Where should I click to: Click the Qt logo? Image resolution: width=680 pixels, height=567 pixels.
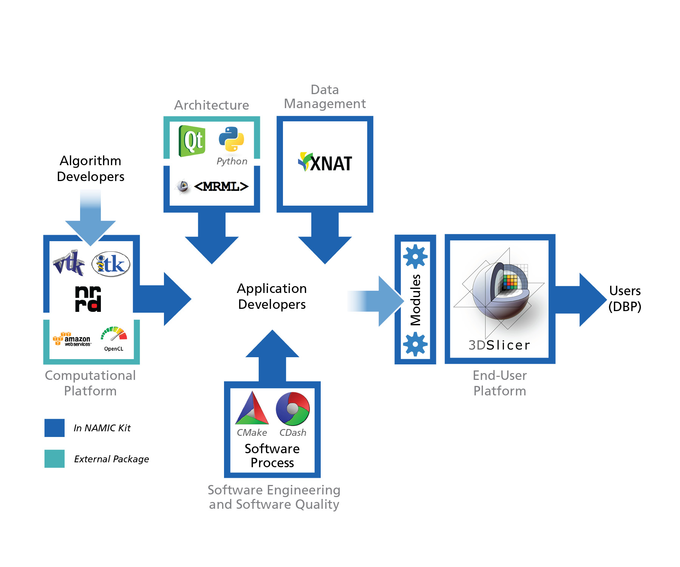(x=192, y=141)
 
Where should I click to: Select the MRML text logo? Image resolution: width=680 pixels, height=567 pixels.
(x=221, y=186)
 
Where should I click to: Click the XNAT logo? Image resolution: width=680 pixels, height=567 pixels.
(x=325, y=163)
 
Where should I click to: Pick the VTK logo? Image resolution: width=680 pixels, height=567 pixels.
(x=69, y=262)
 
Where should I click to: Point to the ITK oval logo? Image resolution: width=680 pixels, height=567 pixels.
(x=111, y=264)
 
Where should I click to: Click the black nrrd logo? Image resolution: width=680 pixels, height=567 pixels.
(x=88, y=299)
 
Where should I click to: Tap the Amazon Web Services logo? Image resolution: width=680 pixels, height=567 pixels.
(x=72, y=339)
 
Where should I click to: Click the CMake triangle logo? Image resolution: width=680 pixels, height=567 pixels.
(x=252, y=409)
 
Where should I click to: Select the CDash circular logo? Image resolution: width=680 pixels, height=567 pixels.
(x=293, y=409)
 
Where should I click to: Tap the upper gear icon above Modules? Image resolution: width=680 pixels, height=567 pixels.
(x=415, y=257)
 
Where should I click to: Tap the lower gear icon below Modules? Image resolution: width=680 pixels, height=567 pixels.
(x=415, y=344)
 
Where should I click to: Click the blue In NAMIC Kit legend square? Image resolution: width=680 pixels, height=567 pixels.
(x=54, y=428)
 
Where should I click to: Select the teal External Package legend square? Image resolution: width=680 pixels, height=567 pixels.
(x=54, y=459)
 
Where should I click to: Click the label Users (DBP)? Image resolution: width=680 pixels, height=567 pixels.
(x=625, y=298)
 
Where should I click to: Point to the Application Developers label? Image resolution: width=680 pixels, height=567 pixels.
(x=272, y=296)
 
